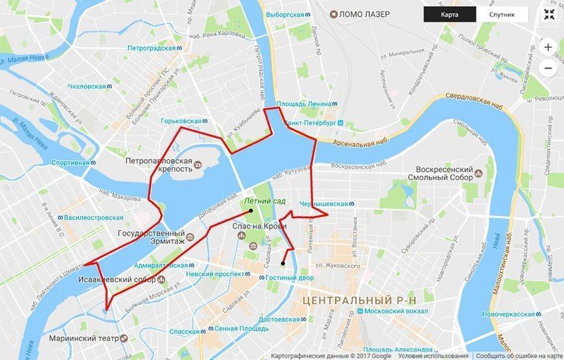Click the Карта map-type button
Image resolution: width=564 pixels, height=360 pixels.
(450, 14)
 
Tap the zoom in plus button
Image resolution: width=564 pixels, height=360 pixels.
(547, 48)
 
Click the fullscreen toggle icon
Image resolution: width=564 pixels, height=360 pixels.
(547, 14)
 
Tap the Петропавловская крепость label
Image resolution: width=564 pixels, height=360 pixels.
(159, 164)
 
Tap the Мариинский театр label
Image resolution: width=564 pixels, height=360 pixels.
(82, 338)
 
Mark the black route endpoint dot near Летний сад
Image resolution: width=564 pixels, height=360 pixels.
(251, 210)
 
